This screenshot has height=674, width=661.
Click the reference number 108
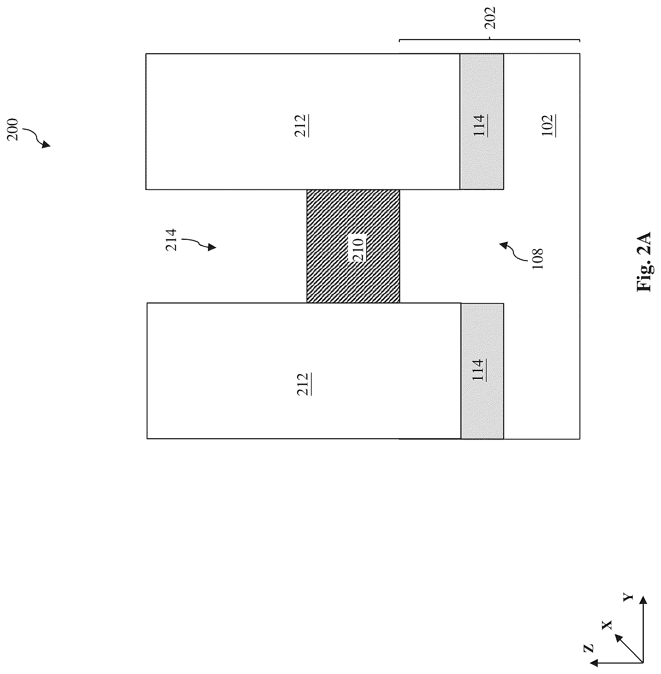(x=537, y=259)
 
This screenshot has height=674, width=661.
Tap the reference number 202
(x=490, y=18)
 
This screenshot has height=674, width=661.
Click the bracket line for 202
(x=489, y=41)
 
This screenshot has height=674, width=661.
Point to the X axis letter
(x=607, y=625)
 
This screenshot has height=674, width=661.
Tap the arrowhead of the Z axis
(x=594, y=662)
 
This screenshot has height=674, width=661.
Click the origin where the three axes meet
(x=643, y=662)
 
